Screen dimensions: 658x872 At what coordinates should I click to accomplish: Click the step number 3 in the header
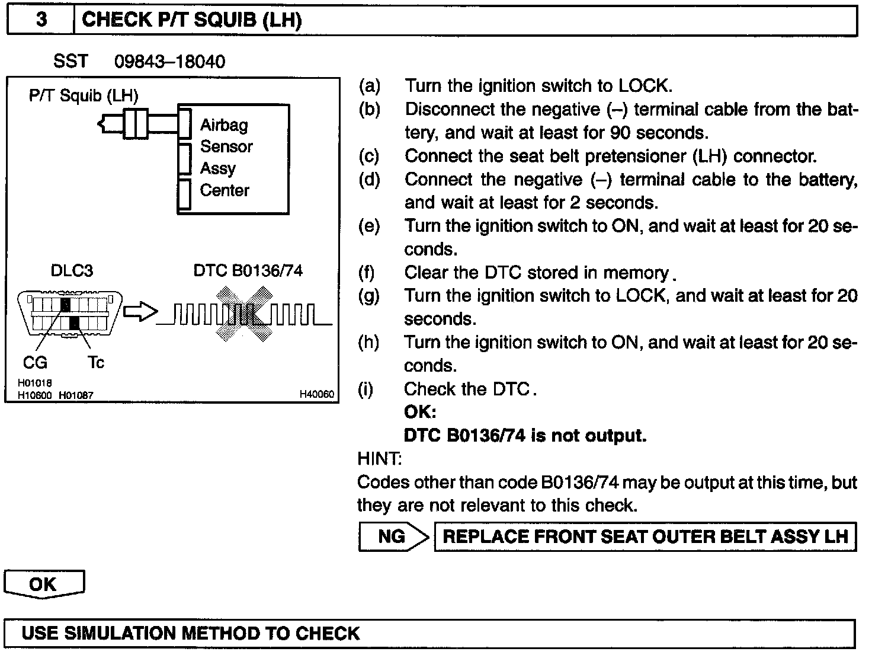tap(41, 20)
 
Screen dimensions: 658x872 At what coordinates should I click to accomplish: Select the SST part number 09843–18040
tap(169, 62)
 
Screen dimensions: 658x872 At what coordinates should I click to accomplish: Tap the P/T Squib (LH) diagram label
tap(84, 95)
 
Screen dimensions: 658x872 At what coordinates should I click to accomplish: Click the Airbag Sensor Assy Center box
tap(233, 159)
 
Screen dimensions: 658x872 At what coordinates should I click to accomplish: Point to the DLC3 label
tap(72, 271)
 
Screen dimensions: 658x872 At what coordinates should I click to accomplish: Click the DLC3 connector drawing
tap(70, 314)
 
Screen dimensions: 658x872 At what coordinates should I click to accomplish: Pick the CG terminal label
tap(35, 362)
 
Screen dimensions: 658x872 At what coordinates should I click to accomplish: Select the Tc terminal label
tap(96, 362)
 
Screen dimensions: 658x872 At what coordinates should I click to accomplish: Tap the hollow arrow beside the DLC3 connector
tap(140, 312)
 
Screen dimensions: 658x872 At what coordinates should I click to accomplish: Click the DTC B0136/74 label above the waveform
tap(248, 271)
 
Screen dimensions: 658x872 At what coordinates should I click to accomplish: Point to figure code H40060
tap(317, 394)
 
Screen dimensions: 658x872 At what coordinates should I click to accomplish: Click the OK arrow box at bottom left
tap(44, 584)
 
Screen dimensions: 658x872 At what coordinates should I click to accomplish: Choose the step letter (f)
tap(369, 273)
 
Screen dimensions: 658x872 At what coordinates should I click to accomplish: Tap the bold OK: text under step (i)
tap(420, 412)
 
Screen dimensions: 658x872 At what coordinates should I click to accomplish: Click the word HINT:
tap(380, 459)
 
